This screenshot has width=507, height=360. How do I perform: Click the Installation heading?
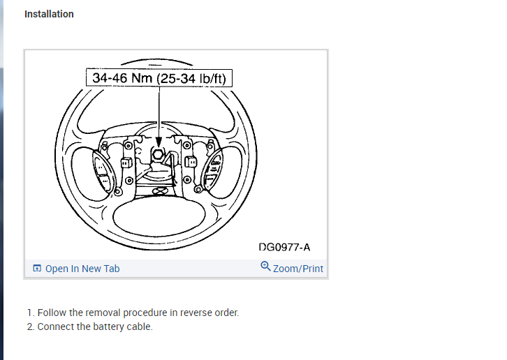click(49, 14)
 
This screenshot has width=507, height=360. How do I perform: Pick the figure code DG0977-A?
click(284, 247)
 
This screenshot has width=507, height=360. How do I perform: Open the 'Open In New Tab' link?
click(82, 269)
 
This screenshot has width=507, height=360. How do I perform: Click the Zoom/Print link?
click(298, 269)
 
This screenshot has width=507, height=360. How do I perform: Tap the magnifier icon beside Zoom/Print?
click(265, 267)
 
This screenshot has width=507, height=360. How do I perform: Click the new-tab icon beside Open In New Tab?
click(37, 269)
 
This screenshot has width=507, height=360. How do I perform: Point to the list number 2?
click(30, 327)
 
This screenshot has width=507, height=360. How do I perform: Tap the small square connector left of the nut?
click(126, 163)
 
